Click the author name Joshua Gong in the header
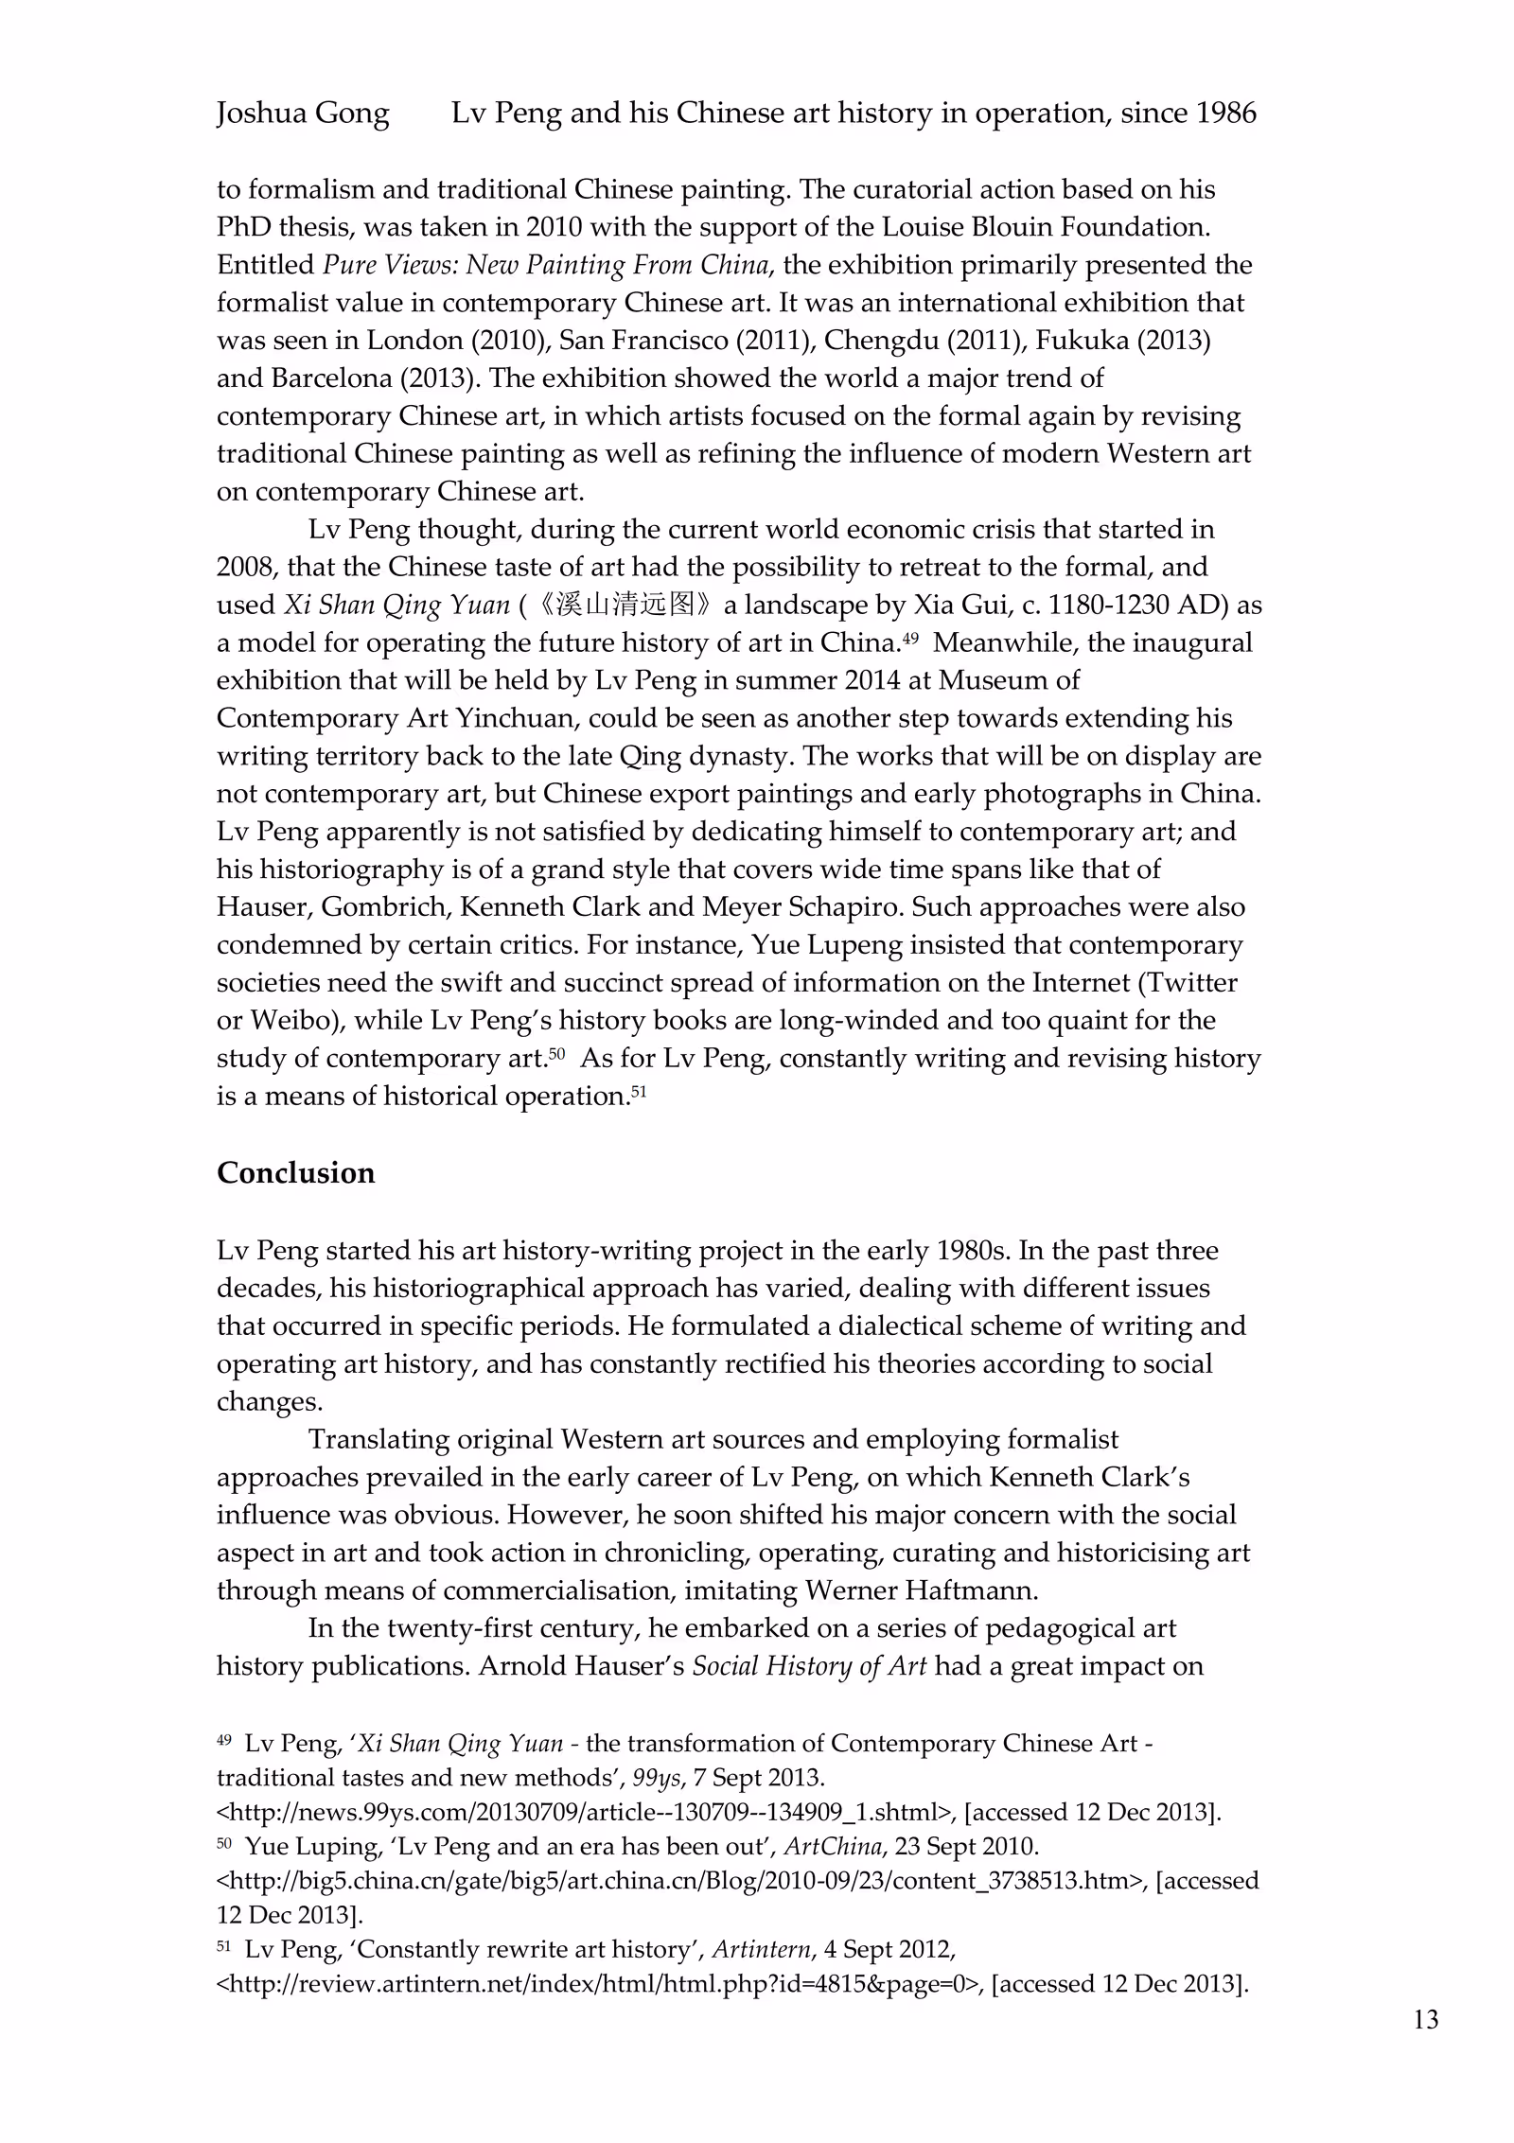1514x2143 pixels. click(x=303, y=114)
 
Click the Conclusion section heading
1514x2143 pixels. click(x=295, y=1172)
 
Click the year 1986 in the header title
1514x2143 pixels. click(x=1225, y=114)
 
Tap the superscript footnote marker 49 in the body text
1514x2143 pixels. click(x=909, y=638)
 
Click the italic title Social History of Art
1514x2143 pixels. click(x=809, y=1665)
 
